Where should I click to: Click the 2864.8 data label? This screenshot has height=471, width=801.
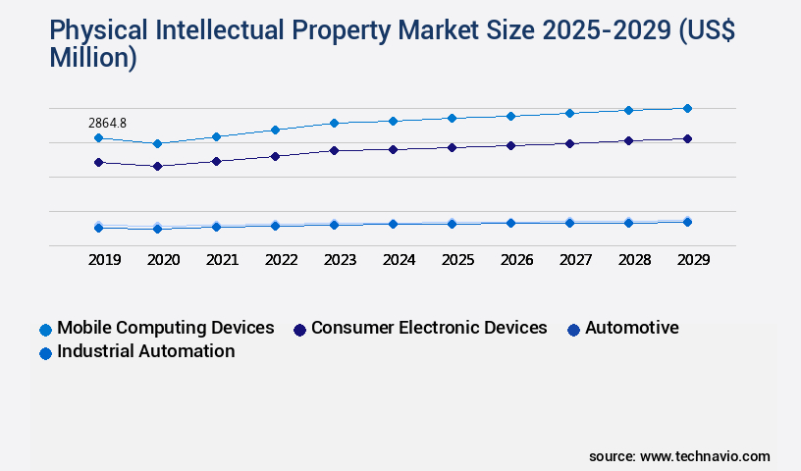pyautogui.click(x=107, y=123)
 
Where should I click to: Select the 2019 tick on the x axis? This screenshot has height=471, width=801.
pyautogui.click(x=104, y=260)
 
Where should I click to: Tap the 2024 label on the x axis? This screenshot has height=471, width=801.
pyautogui.click(x=399, y=260)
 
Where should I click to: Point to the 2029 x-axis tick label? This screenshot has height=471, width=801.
pyautogui.click(x=693, y=260)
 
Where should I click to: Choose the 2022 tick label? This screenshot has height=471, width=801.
pyautogui.click(x=281, y=260)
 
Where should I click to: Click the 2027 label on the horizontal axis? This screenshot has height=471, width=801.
pyautogui.click(x=575, y=260)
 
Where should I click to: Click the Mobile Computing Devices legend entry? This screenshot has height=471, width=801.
pyautogui.click(x=165, y=328)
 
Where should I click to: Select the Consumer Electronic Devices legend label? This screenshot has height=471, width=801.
pyautogui.click(x=429, y=328)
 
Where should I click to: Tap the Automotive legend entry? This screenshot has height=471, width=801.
pyautogui.click(x=631, y=328)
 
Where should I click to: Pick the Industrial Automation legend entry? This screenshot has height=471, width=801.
pyautogui.click(x=145, y=351)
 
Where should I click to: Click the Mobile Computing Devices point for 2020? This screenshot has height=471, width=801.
pyautogui.click(x=157, y=144)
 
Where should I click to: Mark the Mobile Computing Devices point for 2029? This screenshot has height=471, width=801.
pyautogui.click(x=687, y=108)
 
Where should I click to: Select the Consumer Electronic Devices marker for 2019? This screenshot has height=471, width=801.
pyautogui.click(x=98, y=162)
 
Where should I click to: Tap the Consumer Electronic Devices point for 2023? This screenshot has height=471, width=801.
pyautogui.click(x=334, y=151)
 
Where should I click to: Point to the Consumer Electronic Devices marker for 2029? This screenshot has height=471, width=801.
pyautogui.click(x=687, y=139)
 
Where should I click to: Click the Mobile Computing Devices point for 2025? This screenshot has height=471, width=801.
pyautogui.click(x=452, y=118)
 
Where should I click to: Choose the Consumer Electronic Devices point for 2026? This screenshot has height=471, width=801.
pyautogui.click(x=510, y=145)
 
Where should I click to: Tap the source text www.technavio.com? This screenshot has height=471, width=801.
pyautogui.click(x=705, y=456)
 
